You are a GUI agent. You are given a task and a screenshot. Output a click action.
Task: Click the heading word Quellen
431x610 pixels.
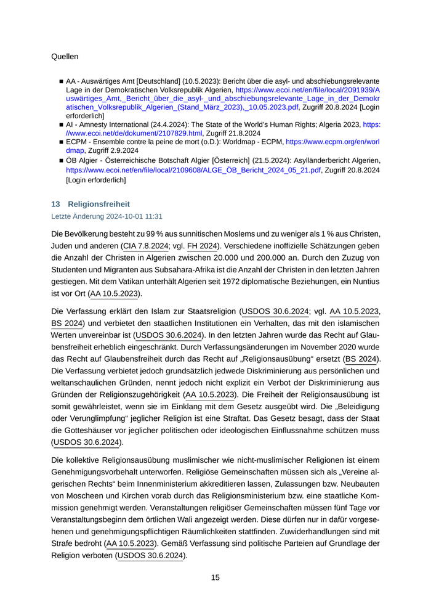[65, 57]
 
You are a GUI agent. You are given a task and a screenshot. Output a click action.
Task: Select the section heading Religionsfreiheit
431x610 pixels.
[99, 204]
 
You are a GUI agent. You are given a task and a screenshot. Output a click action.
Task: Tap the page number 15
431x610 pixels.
[215, 577]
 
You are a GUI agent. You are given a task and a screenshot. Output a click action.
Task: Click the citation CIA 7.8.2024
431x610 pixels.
[145, 246]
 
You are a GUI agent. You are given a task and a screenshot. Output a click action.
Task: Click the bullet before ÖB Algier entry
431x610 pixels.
[61, 161]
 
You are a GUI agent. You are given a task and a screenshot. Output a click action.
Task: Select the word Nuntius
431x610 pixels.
[364, 282]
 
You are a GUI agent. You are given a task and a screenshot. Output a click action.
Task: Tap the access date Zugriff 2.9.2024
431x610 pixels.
[112, 150]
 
